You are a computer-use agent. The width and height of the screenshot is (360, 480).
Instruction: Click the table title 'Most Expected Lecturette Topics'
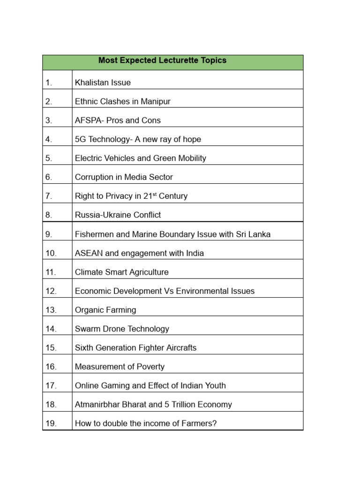[x=162, y=60]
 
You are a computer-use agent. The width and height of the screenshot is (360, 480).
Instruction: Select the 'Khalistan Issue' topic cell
[x=103, y=82]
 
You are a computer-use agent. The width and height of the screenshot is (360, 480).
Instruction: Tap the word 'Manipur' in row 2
[x=156, y=101]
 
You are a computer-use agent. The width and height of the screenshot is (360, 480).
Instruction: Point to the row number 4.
[x=49, y=139]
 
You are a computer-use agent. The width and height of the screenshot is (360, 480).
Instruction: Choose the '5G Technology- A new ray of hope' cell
[x=138, y=139]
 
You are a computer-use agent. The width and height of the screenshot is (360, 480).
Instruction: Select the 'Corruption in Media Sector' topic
[x=124, y=177]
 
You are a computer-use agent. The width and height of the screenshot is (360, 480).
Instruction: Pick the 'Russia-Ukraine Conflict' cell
[x=118, y=215]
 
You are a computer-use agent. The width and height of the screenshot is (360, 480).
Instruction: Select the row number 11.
[x=51, y=272]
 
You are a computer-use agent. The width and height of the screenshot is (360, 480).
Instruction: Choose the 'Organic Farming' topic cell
[x=105, y=310]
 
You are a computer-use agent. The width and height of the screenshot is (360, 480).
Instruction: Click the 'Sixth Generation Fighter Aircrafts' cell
[x=135, y=348]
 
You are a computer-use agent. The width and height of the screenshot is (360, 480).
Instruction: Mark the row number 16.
[x=51, y=367]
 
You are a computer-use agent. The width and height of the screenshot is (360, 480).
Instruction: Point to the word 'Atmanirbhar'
[x=97, y=405]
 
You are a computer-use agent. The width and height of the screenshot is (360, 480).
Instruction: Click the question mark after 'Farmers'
[x=215, y=424]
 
